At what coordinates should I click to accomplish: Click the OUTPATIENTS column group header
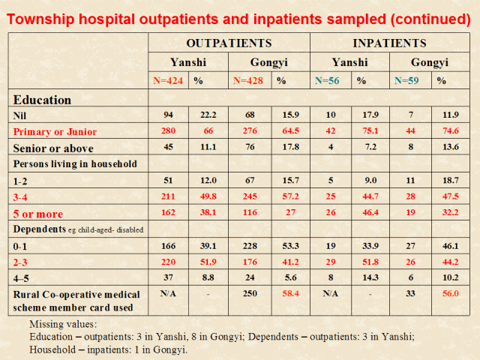(x=228, y=43)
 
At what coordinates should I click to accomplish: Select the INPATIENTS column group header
(x=390, y=43)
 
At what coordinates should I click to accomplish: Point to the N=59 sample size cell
(x=407, y=80)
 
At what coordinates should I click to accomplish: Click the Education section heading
(x=42, y=100)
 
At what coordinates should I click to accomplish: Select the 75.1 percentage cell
(x=368, y=131)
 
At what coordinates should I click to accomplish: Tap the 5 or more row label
(x=37, y=213)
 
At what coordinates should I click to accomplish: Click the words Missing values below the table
(x=63, y=325)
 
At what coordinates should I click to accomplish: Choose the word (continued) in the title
(x=424, y=19)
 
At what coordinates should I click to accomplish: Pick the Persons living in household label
(x=74, y=163)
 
